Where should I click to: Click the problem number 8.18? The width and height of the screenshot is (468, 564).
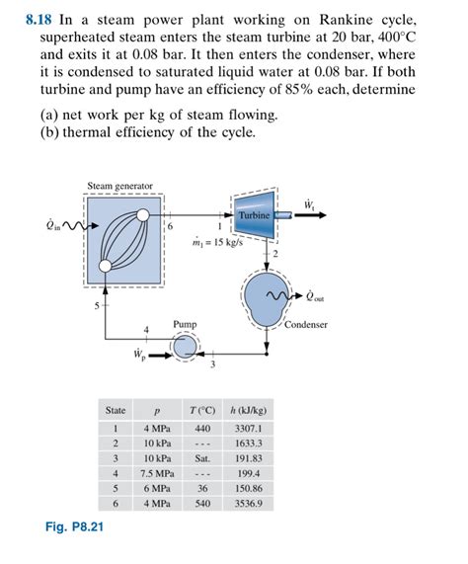pos(39,18)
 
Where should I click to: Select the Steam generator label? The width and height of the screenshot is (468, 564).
pos(120,186)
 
